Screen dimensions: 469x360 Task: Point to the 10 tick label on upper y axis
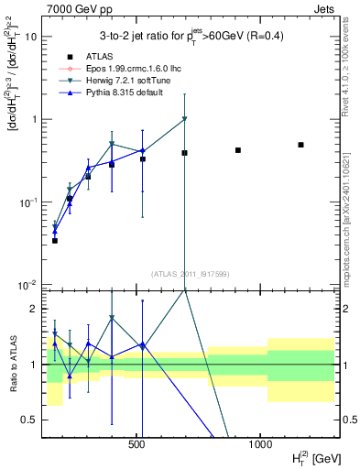coord(29,37)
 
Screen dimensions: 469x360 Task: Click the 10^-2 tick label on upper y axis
coord(27,284)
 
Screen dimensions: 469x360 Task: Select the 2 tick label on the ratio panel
coord(33,309)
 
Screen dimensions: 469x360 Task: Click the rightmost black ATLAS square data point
coord(300,145)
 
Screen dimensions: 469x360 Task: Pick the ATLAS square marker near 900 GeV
coord(238,150)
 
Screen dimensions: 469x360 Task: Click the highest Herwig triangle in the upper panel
coord(185,119)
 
